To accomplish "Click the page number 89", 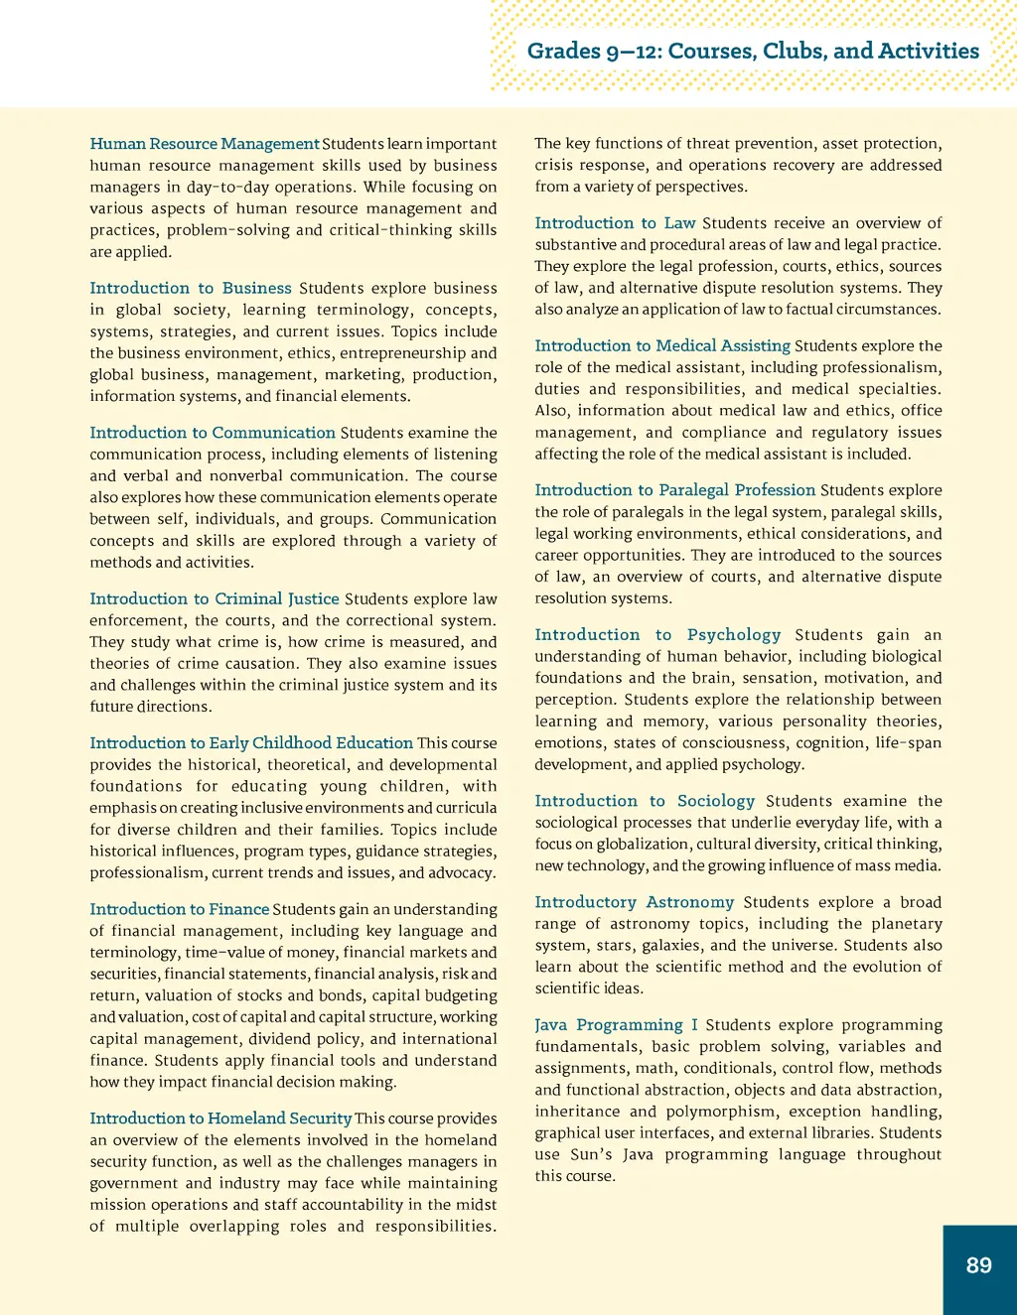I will pyautogui.click(x=978, y=1265).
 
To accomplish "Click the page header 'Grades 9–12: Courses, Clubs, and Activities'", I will pyautogui.click(x=753, y=51).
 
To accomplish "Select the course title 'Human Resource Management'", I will pyautogui.click(x=205, y=144).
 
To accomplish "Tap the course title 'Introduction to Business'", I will pyautogui.click(x=191, y=288).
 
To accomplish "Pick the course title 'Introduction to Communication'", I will pyautogui.click(x=213, y=433).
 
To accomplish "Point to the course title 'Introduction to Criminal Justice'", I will pyautogui.click(x=215, y=598).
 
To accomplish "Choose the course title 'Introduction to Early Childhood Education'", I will pyautogui.click(x=251, y=742).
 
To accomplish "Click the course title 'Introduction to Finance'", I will pyautogui.click(x=180, y=909).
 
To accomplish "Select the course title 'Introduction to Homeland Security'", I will pyautogui.click(x=220, y=1118).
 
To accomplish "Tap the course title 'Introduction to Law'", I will pyautogui.click(x=615, y=223).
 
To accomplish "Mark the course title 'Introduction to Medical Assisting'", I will pyautogui.click(x=662, y=345).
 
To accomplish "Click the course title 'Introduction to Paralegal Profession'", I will pyautogui.click(x=674, y=490).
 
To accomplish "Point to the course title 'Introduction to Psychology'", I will pyautogui.click(x=657, y=635).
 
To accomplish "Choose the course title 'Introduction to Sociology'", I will pyautogui.click(x=645, y=801).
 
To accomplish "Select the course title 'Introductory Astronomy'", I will pyautogui.click(x=634, y=902).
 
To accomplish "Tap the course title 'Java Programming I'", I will pyautogui.click(x=616, y=1025).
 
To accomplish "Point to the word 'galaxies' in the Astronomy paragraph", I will pyautogui.click(x=671, y=945).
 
